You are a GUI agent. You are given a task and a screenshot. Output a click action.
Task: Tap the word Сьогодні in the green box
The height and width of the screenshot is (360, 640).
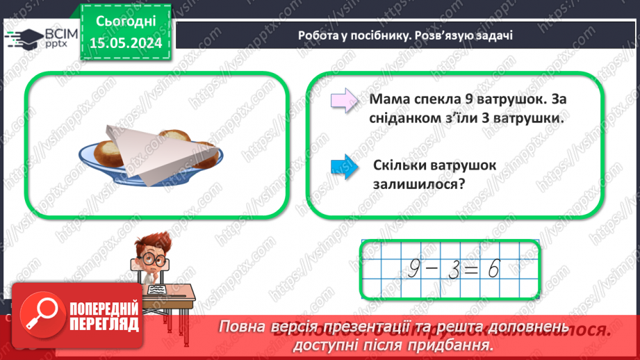pos(126,22)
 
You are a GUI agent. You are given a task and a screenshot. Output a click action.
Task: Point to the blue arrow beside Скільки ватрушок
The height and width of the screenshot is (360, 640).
pos(345,168)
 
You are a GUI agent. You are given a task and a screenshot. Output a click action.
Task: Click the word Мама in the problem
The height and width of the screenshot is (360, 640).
pos(389,100)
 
